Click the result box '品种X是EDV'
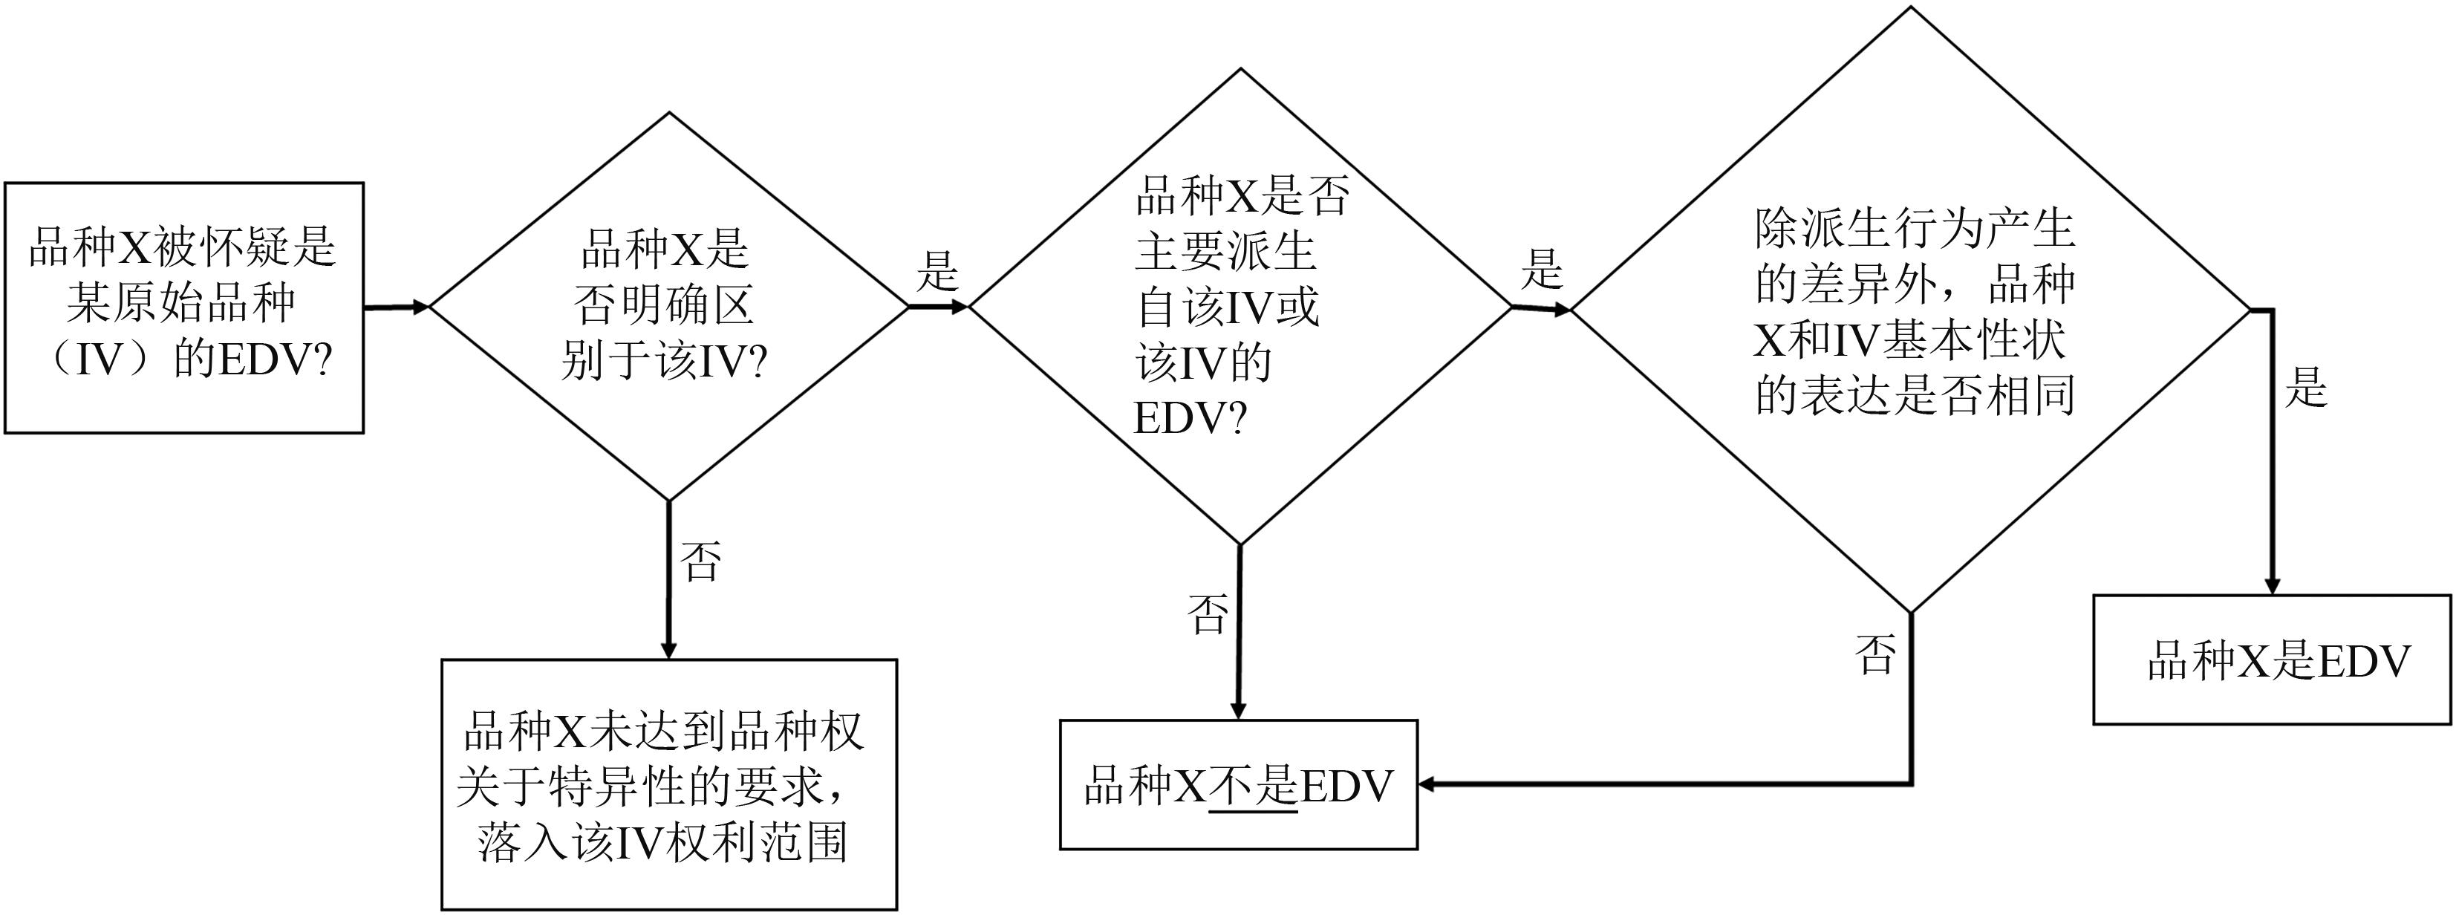coord(2271,660)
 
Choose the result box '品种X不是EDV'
coord(1239,784)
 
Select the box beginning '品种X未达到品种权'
coord(668,784)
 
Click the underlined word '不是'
coord(1253,787)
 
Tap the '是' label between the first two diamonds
coord(937,272)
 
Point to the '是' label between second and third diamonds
coord(1542,270)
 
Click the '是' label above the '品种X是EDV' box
coord(2305,388)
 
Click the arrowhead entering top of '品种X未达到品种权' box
coord(668,649)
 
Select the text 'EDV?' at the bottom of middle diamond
coord(1190,417)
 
